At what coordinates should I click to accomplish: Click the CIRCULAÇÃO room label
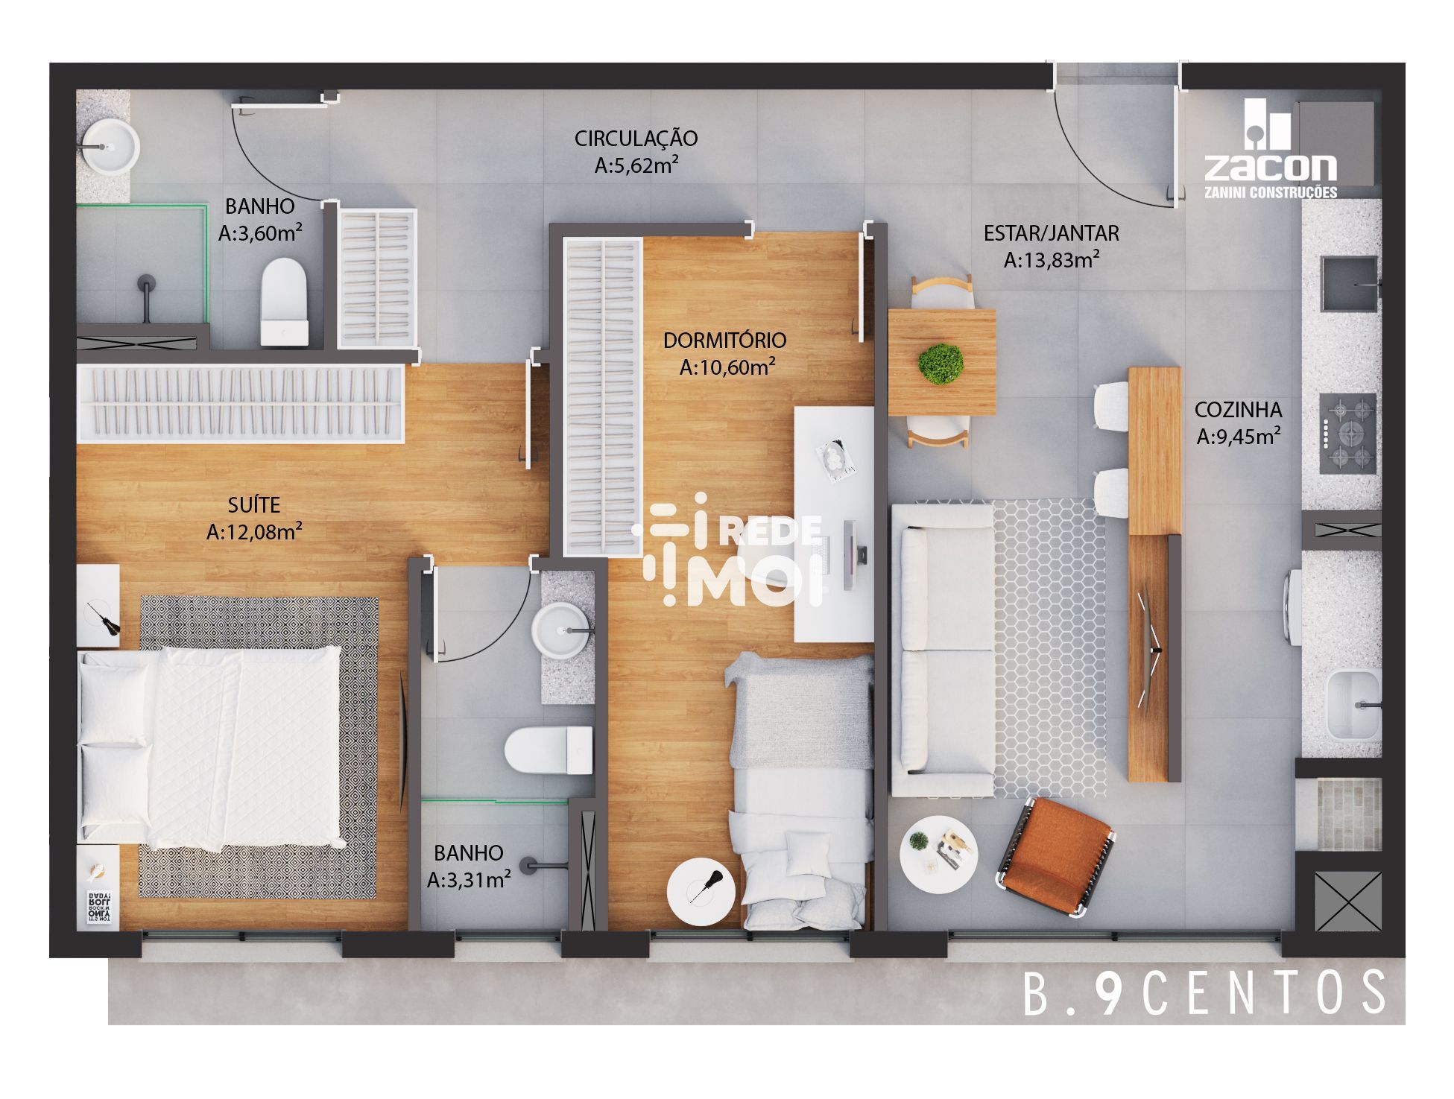pyautogui.click(x=636, y=139)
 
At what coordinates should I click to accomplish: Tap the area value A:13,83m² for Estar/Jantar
pyautogui.click(x=1052, y=260)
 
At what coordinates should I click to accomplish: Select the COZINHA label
pyautogui.click(x=1238, y=410)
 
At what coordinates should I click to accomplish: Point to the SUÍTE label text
pyautogui.click(x=254, y=504)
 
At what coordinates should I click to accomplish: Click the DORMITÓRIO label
pyautogui.click(x=725, y=341)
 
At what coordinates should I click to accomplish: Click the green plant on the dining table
pyautogui.click(x=941, y=364)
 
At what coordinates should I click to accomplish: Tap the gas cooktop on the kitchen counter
pyautogui.click(x=1349, y=434)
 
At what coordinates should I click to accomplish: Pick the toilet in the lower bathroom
pyautogui.click(x=548, y=750)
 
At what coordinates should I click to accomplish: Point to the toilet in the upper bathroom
pyautogui.click(x=285, y=302)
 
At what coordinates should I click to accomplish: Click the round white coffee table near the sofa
pyautogui.click(x=937, y=851)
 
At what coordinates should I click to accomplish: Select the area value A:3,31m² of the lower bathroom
pyautogui.click(x=469, y=880)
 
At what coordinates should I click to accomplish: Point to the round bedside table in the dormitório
pyautogui.click(x=702, y=893)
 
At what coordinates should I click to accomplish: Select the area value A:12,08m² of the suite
pyautogui.click(x=254, y=532)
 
